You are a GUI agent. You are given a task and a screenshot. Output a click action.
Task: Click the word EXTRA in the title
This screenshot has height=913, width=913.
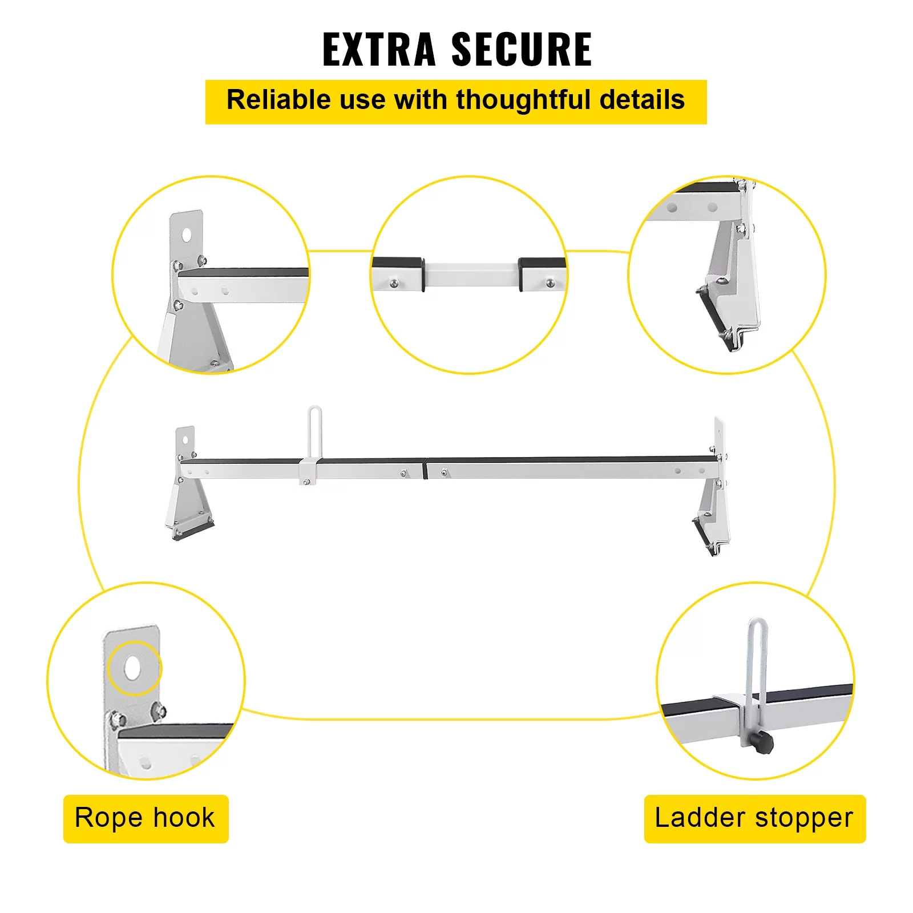(379, 50)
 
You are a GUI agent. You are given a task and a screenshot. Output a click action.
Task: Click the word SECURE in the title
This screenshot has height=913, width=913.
(522, 50)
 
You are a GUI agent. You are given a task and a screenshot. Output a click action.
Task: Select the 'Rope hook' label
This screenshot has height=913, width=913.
(146, 818)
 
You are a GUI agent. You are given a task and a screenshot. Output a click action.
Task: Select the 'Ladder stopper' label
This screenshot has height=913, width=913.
(754, 818)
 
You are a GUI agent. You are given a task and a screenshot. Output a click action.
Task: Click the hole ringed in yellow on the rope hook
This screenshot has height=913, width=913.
(133, 668)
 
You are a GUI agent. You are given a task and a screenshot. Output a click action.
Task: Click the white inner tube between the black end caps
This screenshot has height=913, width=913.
(471, 274)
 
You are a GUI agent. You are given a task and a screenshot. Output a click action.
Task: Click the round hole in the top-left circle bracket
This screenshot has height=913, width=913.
(187, 234)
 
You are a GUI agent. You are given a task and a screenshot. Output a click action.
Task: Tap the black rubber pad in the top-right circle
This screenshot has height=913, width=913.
(713, 317)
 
